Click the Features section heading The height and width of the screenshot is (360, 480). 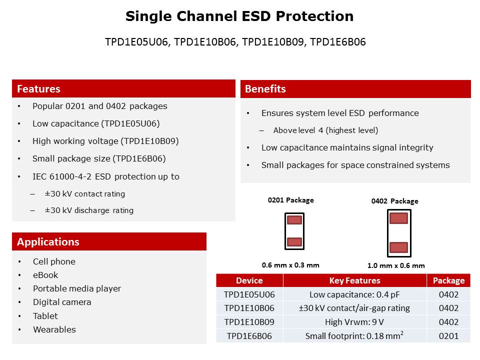point(38,89)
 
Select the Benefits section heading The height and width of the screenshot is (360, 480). point(265,89)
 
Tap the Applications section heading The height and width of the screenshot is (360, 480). point(48,242)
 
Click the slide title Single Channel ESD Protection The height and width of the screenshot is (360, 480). point(239,16)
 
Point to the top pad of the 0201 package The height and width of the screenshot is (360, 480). point(294,220)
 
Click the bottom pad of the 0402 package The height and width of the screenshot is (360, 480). point(398,247)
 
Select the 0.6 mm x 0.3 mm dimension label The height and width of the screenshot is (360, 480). point(290,265)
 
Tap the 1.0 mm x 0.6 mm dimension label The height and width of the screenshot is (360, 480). point(396,265)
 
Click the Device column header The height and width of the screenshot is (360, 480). point(249,280)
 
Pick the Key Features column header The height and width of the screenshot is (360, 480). point(354,280)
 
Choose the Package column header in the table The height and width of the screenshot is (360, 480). point(448,280)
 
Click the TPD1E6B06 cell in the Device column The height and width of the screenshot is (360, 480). point(249,336)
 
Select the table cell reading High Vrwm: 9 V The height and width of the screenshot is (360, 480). point(354,322)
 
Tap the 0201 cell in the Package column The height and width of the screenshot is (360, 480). point(448,336)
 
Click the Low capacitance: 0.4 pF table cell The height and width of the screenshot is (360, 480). point(354,294)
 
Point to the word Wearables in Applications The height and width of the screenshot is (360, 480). point(54,329)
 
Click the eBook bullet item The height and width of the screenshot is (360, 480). point(45,275)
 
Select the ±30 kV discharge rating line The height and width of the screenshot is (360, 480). point(89,210)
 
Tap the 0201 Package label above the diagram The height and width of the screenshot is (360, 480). point(290,200)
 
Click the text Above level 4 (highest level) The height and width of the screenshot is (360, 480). point(325,130)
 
